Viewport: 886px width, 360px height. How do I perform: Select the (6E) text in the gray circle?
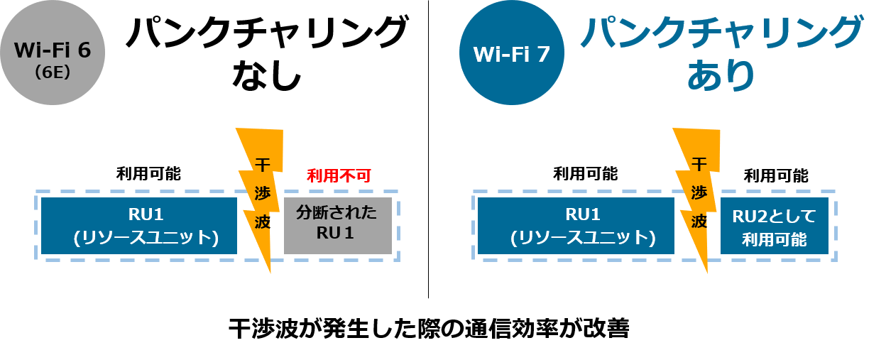[52, 72]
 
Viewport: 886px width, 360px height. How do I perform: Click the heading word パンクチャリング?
[721, 34]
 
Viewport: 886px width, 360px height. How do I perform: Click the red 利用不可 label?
[339, 175]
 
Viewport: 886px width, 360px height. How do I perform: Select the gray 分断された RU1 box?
[338, 226]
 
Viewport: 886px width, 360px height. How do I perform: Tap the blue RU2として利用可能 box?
[774, 226]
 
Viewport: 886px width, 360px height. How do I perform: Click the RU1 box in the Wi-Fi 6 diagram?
[138, 226]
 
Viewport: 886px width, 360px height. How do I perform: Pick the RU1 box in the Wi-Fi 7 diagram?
[575, 226]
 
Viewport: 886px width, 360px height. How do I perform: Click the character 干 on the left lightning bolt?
[263, 165]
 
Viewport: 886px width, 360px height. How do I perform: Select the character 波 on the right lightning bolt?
[699, 222]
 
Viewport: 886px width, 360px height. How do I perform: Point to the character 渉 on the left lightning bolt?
[263, 193]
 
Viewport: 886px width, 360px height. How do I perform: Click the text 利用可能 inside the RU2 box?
[774, 239]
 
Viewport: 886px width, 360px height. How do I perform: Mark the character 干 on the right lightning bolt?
[699, 165]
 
